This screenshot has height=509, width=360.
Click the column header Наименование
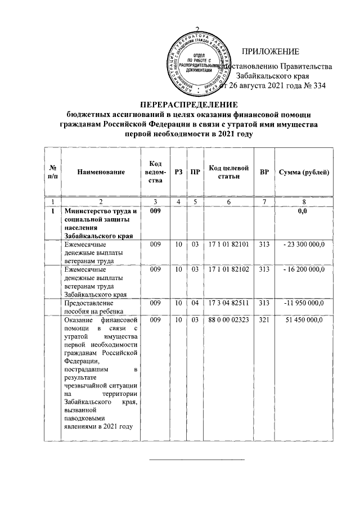click(x=101, y=172)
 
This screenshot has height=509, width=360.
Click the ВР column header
click(x=264, y=172)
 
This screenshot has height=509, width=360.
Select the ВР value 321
click(x=264, y=320)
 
